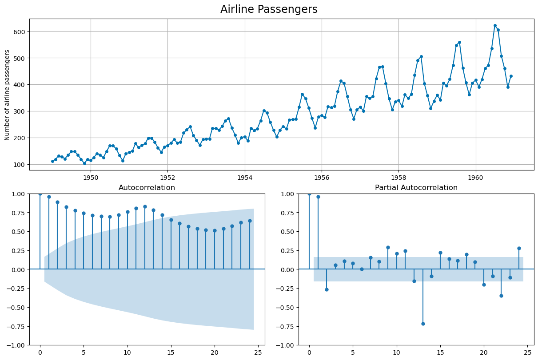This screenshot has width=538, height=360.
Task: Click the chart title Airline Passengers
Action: [x=269, y=9]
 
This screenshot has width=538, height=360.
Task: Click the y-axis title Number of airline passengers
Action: [x=7, y=95]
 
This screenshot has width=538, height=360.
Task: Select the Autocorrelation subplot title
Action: [x=147, y=188]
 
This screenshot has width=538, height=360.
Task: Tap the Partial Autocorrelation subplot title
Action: [x=416, y=188]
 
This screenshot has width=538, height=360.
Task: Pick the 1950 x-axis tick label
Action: [x=91, y=177]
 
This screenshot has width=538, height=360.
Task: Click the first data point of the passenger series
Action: [x=52, y=161]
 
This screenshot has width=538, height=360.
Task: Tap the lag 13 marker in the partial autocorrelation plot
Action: [x=423, y=324]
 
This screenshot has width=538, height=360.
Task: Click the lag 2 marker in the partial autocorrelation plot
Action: [x=327, y=289]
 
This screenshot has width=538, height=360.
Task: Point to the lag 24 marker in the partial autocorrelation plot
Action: [x=519, y=248]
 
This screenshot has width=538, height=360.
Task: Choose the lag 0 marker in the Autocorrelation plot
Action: [x=40, y=194]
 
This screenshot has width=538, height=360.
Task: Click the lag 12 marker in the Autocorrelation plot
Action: [x=145, y=206]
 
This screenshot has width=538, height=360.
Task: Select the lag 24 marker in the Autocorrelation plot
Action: [x=250, y=221]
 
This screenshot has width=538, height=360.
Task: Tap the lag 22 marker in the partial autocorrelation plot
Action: [x=501, y=296]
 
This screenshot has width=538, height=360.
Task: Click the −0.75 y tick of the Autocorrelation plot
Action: [x=16, y=326]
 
